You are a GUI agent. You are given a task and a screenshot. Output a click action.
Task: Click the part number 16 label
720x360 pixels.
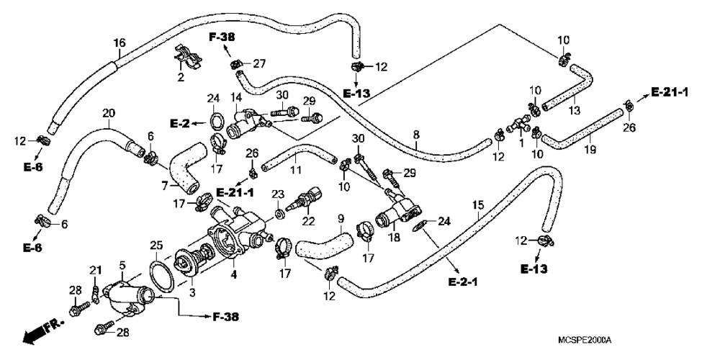tap(120, 43)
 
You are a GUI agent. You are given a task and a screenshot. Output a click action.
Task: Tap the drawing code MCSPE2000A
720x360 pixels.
tap(585, 341)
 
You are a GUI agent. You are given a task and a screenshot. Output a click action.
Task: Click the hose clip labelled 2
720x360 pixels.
tap(187, 57)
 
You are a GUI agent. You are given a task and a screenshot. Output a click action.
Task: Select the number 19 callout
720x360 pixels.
tap(590, 150)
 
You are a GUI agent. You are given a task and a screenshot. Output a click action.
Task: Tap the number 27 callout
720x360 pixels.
tap(259, 64)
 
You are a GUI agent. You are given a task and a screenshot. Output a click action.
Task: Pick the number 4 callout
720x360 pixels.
tap(234, 275)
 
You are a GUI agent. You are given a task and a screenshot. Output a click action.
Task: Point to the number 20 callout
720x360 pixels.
tap(109, 113)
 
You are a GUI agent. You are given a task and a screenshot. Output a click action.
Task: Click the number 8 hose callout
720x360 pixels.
tap(416, 135)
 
